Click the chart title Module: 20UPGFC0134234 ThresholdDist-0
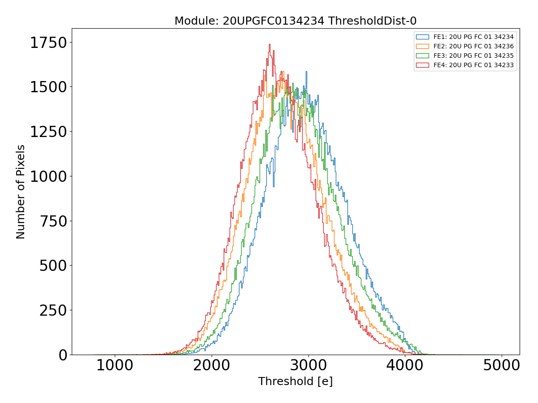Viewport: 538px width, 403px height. tap(295, 21)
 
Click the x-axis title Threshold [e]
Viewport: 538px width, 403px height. tap(295, 382)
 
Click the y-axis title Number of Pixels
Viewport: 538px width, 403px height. tap(21, 192)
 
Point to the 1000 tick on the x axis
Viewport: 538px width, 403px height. tap(115, 365)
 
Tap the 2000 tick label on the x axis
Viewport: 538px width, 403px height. tap(212, 365)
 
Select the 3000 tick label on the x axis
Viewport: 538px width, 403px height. tap(308, 365)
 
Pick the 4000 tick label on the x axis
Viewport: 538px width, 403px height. tap(405, 365)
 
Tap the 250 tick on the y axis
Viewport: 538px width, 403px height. tap(53, 310)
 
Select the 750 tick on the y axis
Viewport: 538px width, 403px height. tap(53, 221)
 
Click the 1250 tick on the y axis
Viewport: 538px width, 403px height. tap(48, 132)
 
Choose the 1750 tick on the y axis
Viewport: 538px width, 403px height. tap(48, 43)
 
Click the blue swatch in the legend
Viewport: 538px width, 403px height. tap(422, 37)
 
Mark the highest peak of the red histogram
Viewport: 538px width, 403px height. tap(269, 44)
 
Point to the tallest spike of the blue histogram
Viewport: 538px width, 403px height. tap(306, 72)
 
